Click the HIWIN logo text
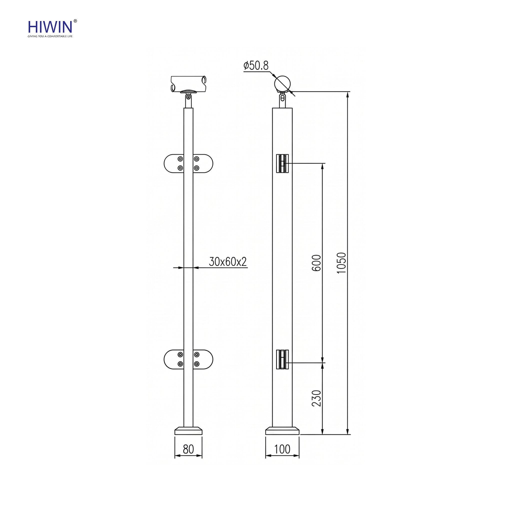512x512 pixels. coord(50,27)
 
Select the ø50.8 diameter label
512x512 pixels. coord(256,65)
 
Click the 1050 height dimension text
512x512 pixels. coord(341,263)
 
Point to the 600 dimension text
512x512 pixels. coord(316,263)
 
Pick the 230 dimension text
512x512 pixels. coord(316,398)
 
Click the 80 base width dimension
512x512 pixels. coord(188,449)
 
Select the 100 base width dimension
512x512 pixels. coord(282,449)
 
